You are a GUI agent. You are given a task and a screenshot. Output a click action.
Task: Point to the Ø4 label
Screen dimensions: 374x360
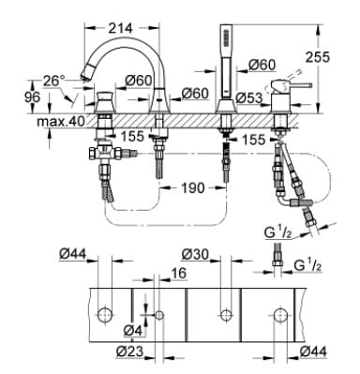(x=133, y=330)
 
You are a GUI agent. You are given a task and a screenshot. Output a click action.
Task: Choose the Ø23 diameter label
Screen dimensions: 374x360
(x=130, y=352)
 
